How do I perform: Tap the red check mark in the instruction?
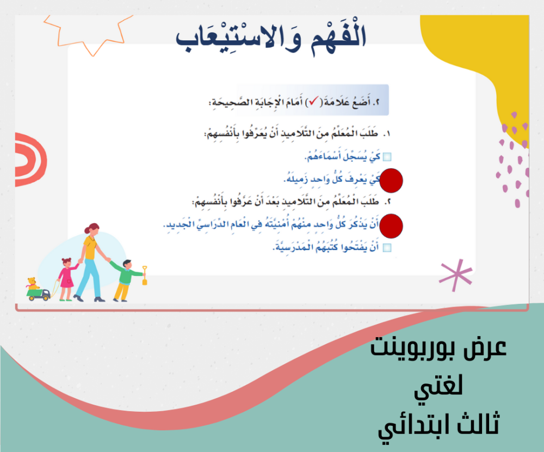tap(313, 101)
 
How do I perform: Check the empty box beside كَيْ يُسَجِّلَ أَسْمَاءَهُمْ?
tap(387, 157)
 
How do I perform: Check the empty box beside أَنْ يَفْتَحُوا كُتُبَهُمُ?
tap(387, 248)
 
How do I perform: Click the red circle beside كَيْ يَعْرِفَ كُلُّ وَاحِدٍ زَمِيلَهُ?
tap(391, 181)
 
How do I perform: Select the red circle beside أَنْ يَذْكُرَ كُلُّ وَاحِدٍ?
tap(391, 226)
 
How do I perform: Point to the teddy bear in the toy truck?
tap(32, 284)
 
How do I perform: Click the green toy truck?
tap(39, 295)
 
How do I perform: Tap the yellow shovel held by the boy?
tap(145, 276)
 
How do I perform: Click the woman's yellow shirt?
tap(90, 247)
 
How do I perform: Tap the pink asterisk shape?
tap(456, 275)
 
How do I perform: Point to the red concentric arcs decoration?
tap(30, 160)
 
